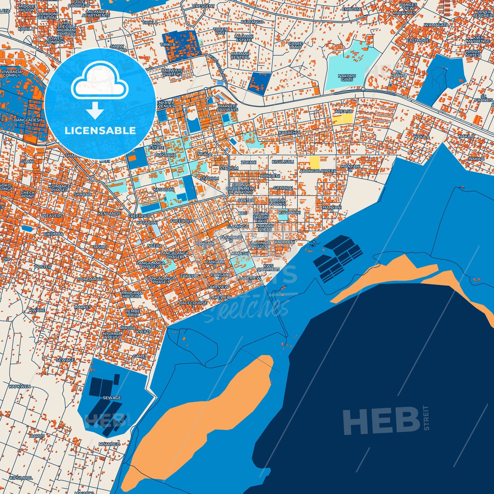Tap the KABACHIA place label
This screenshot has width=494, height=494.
click(290, 133)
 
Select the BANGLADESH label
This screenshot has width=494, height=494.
click(25, 120)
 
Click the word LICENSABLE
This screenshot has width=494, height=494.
click(100, 131)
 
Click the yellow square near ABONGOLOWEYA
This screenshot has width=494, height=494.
click(314, 162)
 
